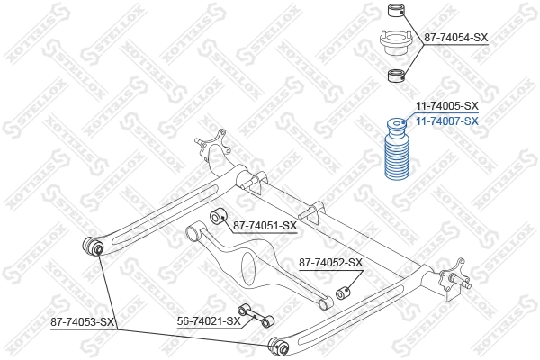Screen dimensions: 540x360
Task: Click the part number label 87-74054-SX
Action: point(455,38)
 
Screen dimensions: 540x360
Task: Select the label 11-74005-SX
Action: point(445,106)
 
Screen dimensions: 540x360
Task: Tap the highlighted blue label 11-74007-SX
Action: point(445,121)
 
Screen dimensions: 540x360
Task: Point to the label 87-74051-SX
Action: point(265,225)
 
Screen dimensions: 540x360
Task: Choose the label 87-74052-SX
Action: point(330,263)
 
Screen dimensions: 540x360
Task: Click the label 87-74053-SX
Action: point(83,321)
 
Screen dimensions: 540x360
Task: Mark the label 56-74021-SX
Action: point(208,319)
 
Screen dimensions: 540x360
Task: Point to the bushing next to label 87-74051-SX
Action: point(216,216)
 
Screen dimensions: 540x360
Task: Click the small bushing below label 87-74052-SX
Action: point(343,293)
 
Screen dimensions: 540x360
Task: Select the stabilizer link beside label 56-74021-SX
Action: point(256,316)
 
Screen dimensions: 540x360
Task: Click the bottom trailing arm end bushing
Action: point(278,342)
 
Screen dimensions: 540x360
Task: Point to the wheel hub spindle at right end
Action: point(469,283)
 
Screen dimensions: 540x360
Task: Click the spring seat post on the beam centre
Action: point(310,212)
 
